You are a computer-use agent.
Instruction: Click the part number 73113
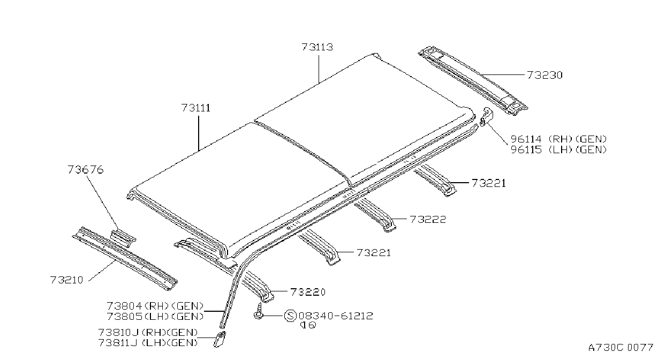[x=317, y=47]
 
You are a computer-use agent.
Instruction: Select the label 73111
[x=196, y=108]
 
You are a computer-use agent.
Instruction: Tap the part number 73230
[x=544, y=75]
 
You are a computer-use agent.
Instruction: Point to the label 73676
[x=86, y=170]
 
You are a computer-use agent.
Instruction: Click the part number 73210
[x=67, y=280]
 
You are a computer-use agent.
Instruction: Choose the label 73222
[x=428, y=219]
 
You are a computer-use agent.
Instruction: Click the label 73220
[x=308, y=292]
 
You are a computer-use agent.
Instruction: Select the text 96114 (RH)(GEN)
[x=559, y=139]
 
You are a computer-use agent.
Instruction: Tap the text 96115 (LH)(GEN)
[x=559, y=149]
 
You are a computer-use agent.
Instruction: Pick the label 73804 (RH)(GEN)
[x=155, y=306]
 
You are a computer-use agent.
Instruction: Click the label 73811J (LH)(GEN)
[x=148, y=343]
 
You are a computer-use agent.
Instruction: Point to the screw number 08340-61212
[x=336, y=316]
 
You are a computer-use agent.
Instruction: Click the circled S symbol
[x=290, y=316]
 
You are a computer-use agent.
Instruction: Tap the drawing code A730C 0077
[x=621, y=348]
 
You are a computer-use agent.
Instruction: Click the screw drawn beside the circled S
[x=259, y=311]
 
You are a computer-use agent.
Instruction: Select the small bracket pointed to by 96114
[x=486, y=117]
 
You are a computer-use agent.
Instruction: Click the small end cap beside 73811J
[x=220, y=340]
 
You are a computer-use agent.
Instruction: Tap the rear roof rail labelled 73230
[x=473, y=80]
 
